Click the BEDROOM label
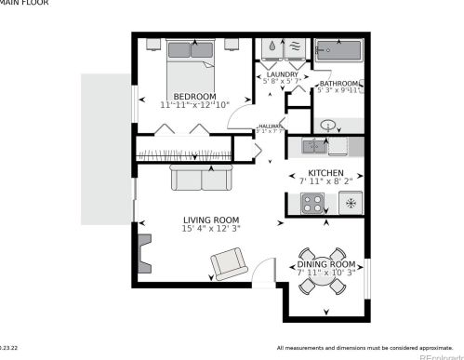[194, 96]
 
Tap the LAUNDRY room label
[282, 74]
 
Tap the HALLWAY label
[271, 127]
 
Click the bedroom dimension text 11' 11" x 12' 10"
[194, 105]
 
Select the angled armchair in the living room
[229, 264]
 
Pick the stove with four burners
[313, 203]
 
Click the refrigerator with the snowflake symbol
[351, 203]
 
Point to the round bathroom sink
[328, 126]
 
